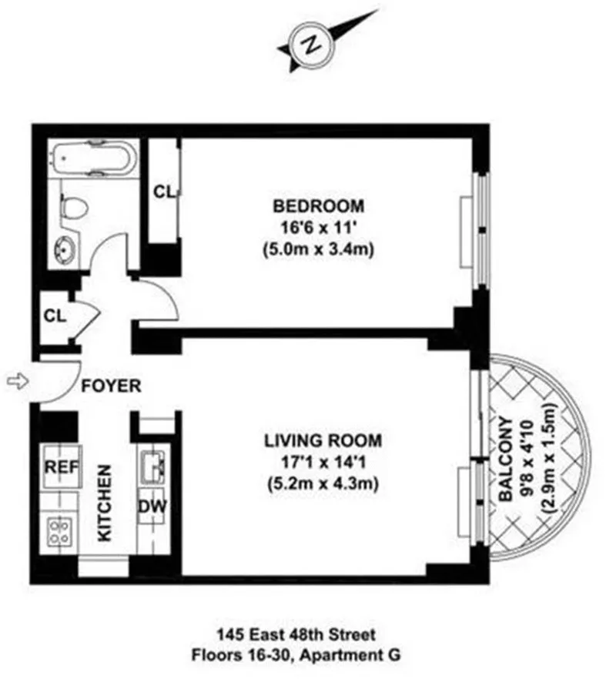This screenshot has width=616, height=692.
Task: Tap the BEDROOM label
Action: click(318, 206)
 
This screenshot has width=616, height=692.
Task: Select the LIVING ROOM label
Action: click(323, 441)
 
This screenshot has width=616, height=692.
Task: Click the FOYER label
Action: click(113, 386)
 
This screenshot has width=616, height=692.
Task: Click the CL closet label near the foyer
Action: click(55, 315)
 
